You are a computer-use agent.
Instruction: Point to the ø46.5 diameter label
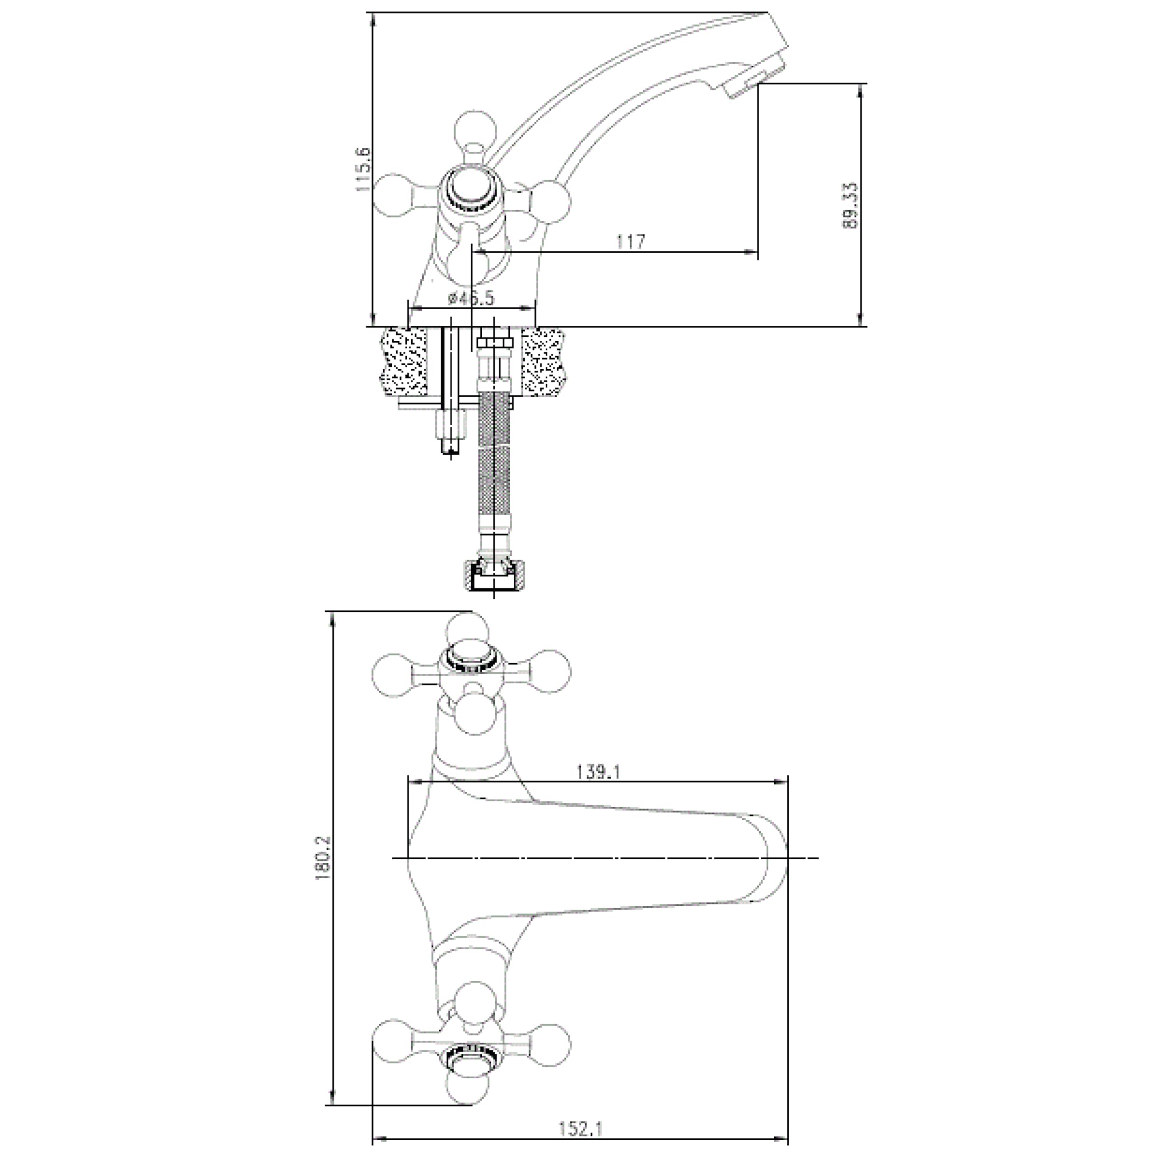(x=471, y=298)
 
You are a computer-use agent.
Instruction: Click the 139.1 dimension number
(x=597, y=772)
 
